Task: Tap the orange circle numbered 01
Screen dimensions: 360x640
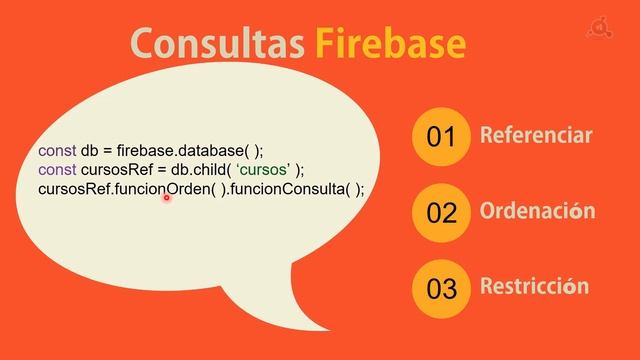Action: tap(441, 137)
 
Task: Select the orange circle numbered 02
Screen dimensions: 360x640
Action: tap(441, 212)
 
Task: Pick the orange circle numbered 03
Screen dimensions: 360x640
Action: tap(441, 289)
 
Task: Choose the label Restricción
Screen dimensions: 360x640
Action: tap(534, 287)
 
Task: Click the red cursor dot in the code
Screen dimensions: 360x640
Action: tap(166, 198)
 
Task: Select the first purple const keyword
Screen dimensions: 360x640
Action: tap(57, 150)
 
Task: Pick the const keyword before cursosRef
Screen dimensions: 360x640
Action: tap(57, 169)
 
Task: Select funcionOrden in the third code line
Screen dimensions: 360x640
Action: tap(165, 188)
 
